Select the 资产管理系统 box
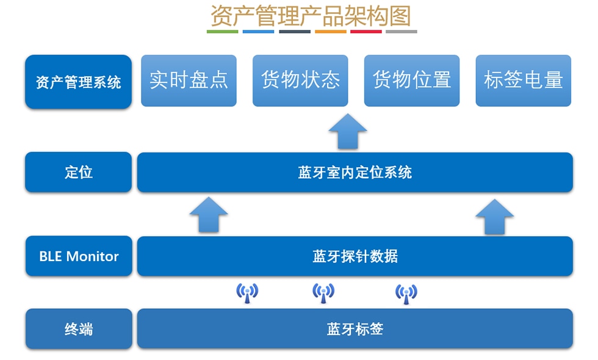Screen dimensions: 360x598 (x=78, y=82)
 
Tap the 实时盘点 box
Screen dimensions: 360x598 (x=189, y=81)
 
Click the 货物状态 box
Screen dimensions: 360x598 (x=300, y=81)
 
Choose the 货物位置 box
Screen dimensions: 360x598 (x=412, y=81)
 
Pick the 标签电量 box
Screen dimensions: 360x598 (x=523, y=81)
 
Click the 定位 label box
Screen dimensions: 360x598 (x=78, y=172)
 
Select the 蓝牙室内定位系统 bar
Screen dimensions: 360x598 (x=355, y=172)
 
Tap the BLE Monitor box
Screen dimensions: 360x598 (x=78, y=256)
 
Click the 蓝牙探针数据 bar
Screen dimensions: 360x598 (x=355, y=256)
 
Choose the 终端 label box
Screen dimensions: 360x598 (x=78, y=329)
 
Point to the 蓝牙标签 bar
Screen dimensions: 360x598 (x=355, y=329)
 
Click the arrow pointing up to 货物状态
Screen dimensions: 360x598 (x=347, y=131)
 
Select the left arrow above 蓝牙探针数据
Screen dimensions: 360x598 (x=209, y=215)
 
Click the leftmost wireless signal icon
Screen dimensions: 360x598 (x=247, y=293)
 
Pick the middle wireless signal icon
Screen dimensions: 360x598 (x=323, y=293)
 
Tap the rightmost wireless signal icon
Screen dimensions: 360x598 (x=406, y=293)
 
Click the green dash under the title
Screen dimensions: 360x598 (x=222, y=32)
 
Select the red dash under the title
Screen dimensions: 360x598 (x=366, y=32)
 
